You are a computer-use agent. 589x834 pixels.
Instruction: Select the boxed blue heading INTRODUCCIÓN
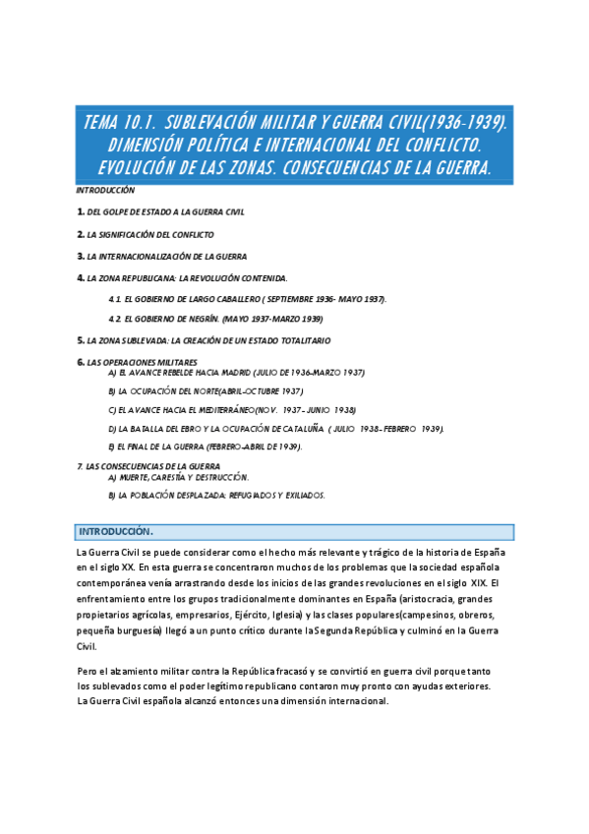[115, 531]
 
